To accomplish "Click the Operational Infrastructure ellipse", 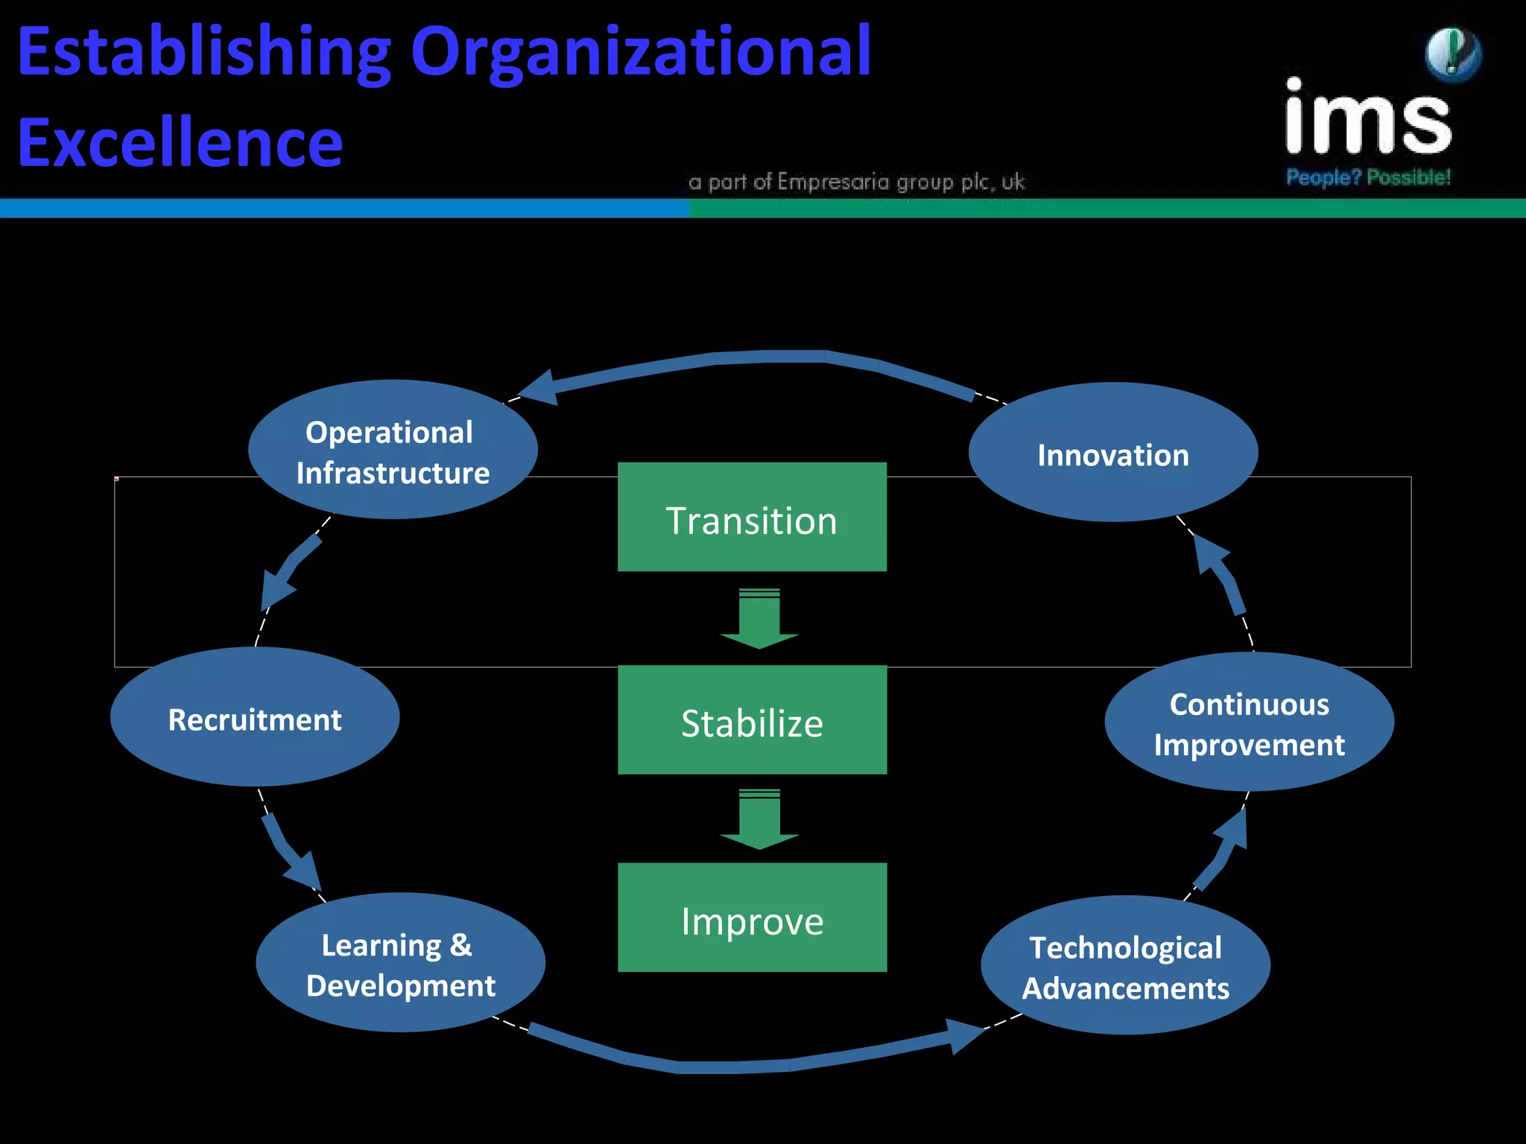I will (x=393, y=450).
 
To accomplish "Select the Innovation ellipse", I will (x=1113, y=453).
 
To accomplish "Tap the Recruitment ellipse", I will (x=255, y=717).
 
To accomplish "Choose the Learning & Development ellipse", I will (x=400, y=962).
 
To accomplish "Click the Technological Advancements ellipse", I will (x=1125, y=966).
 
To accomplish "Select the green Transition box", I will (x=752, y=518).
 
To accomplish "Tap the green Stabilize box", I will (x=752, y=720).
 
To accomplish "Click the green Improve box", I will (x=752, y=918).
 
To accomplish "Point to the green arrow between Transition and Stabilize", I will (x=759, y=618).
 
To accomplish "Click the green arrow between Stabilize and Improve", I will (x=759, y=819).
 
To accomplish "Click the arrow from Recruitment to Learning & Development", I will (x=291, y=853).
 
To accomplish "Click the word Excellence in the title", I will (x=180, y=142).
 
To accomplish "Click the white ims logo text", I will (x=1368, y=119).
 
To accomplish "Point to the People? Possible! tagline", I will (x=1368, y=177).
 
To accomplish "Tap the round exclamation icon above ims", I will (x=1453, y=54).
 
